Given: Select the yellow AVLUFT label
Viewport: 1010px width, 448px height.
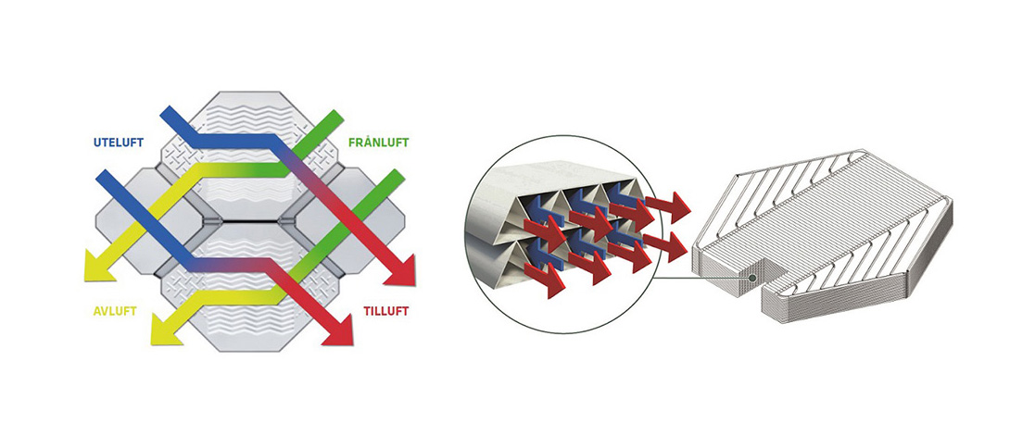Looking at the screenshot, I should (x=112, y=311).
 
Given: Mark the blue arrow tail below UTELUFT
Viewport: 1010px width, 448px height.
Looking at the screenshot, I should (x=104, y=176).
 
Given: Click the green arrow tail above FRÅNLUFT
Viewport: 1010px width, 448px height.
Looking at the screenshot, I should (x=333, y=118).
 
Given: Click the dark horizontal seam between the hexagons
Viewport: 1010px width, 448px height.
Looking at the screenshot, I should (x=250, y=223).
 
